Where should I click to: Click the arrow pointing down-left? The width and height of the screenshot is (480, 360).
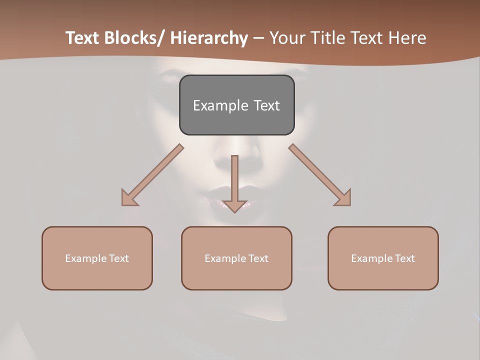pyautogui.click(x=152, y=175)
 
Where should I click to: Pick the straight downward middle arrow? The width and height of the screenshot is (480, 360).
pyautogui.click(x=234, y=180)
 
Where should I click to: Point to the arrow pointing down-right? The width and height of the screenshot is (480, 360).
pyautogui.click(x=320, y=175)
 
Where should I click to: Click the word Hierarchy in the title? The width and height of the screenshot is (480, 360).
pyautogui.click(x=208, y=38)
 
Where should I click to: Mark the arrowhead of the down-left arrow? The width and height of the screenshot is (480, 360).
pyautogui.click(x=128, y=198)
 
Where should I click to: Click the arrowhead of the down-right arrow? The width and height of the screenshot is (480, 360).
pyautogui.click(x=344, y=198)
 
